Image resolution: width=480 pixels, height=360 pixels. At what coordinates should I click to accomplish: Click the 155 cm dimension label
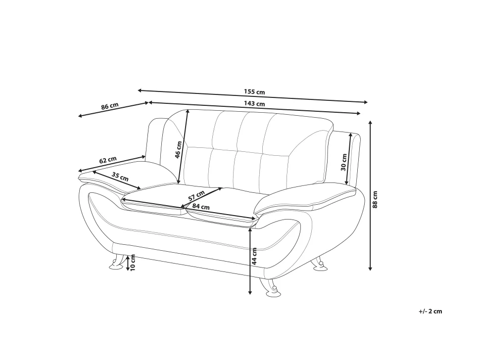254,92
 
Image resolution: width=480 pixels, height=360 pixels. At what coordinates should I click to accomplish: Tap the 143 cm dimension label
254,104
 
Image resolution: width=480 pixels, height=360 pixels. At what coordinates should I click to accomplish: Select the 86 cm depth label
109,106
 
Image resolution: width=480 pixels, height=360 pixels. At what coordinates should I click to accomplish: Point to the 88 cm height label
375,199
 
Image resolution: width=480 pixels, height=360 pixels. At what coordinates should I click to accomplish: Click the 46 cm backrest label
179,149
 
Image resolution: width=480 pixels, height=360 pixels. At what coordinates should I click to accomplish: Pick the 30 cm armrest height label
343,162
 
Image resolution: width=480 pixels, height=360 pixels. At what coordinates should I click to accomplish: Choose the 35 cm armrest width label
120,177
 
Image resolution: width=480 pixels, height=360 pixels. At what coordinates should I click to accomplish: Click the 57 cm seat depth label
196,196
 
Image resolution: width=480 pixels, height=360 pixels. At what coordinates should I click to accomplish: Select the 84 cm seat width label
201,207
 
